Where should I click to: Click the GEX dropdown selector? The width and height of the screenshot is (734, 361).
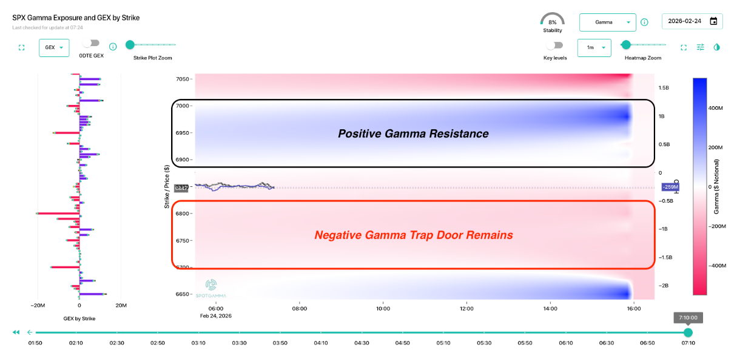(54, 48)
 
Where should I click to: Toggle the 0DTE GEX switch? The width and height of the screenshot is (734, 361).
(92, 44)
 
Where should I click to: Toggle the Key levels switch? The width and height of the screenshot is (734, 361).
(554, 46)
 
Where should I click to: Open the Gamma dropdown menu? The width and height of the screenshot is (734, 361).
(607, 22)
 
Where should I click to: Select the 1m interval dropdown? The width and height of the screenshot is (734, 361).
(594, 47)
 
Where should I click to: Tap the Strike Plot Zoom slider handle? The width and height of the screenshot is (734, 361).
(130, 44)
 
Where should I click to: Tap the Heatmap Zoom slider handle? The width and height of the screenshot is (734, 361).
(626, 44)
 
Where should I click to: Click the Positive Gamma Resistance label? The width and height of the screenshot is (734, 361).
(413, 133)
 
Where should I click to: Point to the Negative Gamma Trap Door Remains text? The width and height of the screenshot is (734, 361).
(413, 235)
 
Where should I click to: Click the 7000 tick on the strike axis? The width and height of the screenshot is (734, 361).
(183, 106)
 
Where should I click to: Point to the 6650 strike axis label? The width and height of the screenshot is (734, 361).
(183, 294)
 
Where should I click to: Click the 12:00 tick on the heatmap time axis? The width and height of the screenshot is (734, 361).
(466, 308)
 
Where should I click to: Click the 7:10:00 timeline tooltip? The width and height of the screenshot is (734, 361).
(687, 317)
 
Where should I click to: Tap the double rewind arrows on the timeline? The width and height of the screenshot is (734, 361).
(16, 332)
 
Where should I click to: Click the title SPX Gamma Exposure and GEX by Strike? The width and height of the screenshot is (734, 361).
(76, 18)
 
